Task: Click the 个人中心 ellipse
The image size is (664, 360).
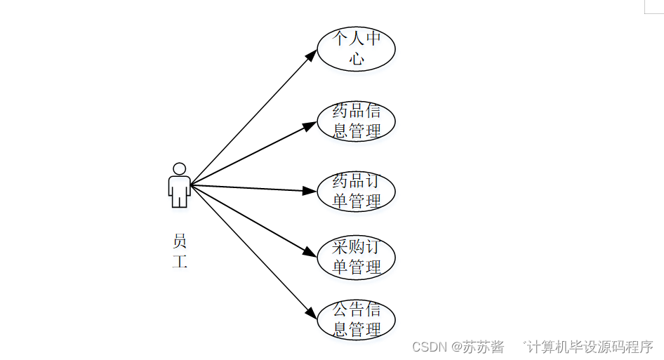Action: [356, 48]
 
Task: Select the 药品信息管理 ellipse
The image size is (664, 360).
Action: [356, 121]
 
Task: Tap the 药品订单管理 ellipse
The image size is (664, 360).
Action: [356, 192]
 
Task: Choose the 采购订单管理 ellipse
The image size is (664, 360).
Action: [356, 257]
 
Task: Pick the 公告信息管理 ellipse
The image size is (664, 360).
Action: [356, 320]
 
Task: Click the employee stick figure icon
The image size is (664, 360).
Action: [180, 185]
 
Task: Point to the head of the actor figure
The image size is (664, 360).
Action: [180, 169]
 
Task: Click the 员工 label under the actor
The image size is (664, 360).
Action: [180, 252]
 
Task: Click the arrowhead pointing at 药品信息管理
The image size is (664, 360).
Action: [311, 125]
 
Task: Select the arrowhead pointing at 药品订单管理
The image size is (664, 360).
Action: [310, 190]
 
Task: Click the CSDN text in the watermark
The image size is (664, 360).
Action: [430, 347]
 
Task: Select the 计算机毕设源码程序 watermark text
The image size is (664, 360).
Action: [590, 347]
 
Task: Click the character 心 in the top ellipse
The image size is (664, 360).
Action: [357, 59]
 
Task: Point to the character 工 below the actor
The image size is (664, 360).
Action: [180, 262]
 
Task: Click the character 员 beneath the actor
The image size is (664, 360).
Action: [180, 242]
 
